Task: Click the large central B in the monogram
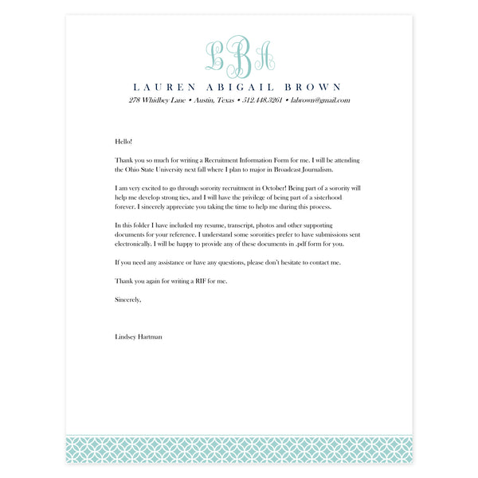click(x=238, y=54)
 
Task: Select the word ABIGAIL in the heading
click(x=241, y=87)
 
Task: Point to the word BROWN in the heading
click(x=314, y=87)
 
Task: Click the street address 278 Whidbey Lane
click(x=157, y=100)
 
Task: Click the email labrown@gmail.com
click(x=320, y=100)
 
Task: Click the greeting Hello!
click(x=123, y=140)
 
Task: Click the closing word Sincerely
click(x=127, y=300)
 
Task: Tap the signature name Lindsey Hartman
click(x=139, y=338)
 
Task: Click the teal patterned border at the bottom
click(x=239, y=449)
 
